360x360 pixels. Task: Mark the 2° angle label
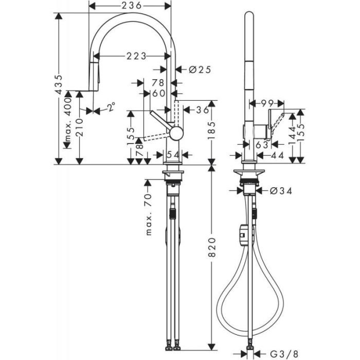click(111, 107)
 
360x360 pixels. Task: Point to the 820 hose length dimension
click(212, 250)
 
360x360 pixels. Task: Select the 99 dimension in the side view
click(266, 103)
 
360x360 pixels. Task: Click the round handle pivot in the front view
click(176, 133)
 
